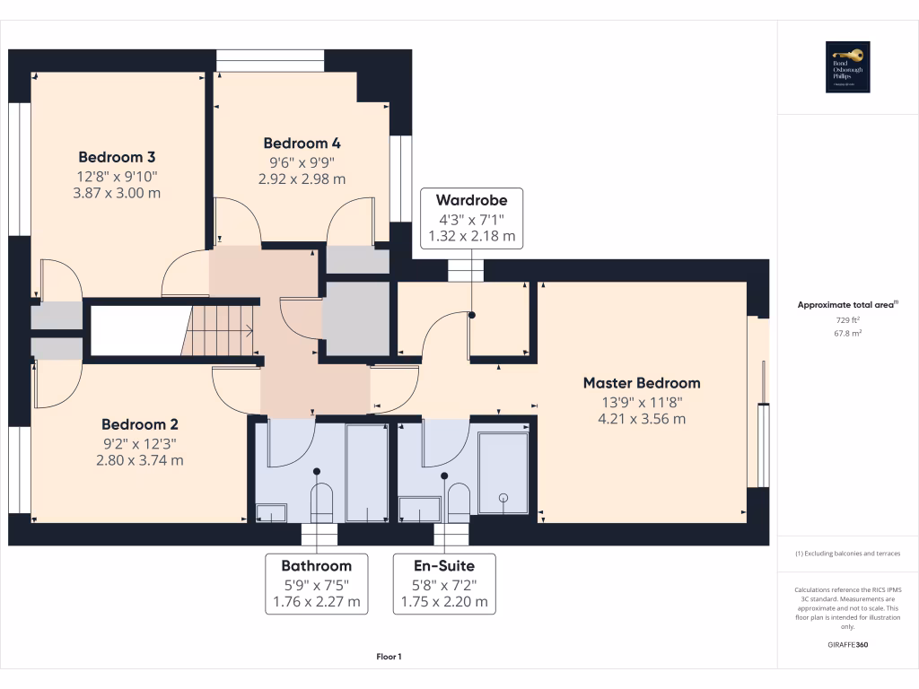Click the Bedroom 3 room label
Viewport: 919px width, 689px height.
(x=118, y=156)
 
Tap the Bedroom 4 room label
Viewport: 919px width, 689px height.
(x=302, y=143)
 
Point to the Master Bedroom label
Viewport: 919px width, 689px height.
(x=641, y=382)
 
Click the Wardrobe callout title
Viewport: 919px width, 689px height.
(x=471, y=199)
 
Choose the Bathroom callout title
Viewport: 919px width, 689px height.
(x=316, y=565)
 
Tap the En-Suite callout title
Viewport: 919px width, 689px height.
(x=443, y=565)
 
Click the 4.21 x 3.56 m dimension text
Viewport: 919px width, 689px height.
(x=641, y=418)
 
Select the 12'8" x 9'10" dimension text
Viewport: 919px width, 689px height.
(x=118, y=176)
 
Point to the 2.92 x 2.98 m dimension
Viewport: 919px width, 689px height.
(x=302, y=179)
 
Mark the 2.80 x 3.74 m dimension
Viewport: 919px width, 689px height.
(x=141, y=460)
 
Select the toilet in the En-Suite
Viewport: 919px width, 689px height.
(x=458, y=502)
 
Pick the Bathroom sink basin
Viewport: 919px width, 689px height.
(x=270, y=512)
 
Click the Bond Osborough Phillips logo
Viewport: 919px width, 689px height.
(x=848, y=67)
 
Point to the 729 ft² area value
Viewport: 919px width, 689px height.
(x=847, y=319)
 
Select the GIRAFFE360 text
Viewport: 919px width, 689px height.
(x=848, y=645)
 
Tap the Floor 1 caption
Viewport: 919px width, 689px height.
(x=389, y=658)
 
